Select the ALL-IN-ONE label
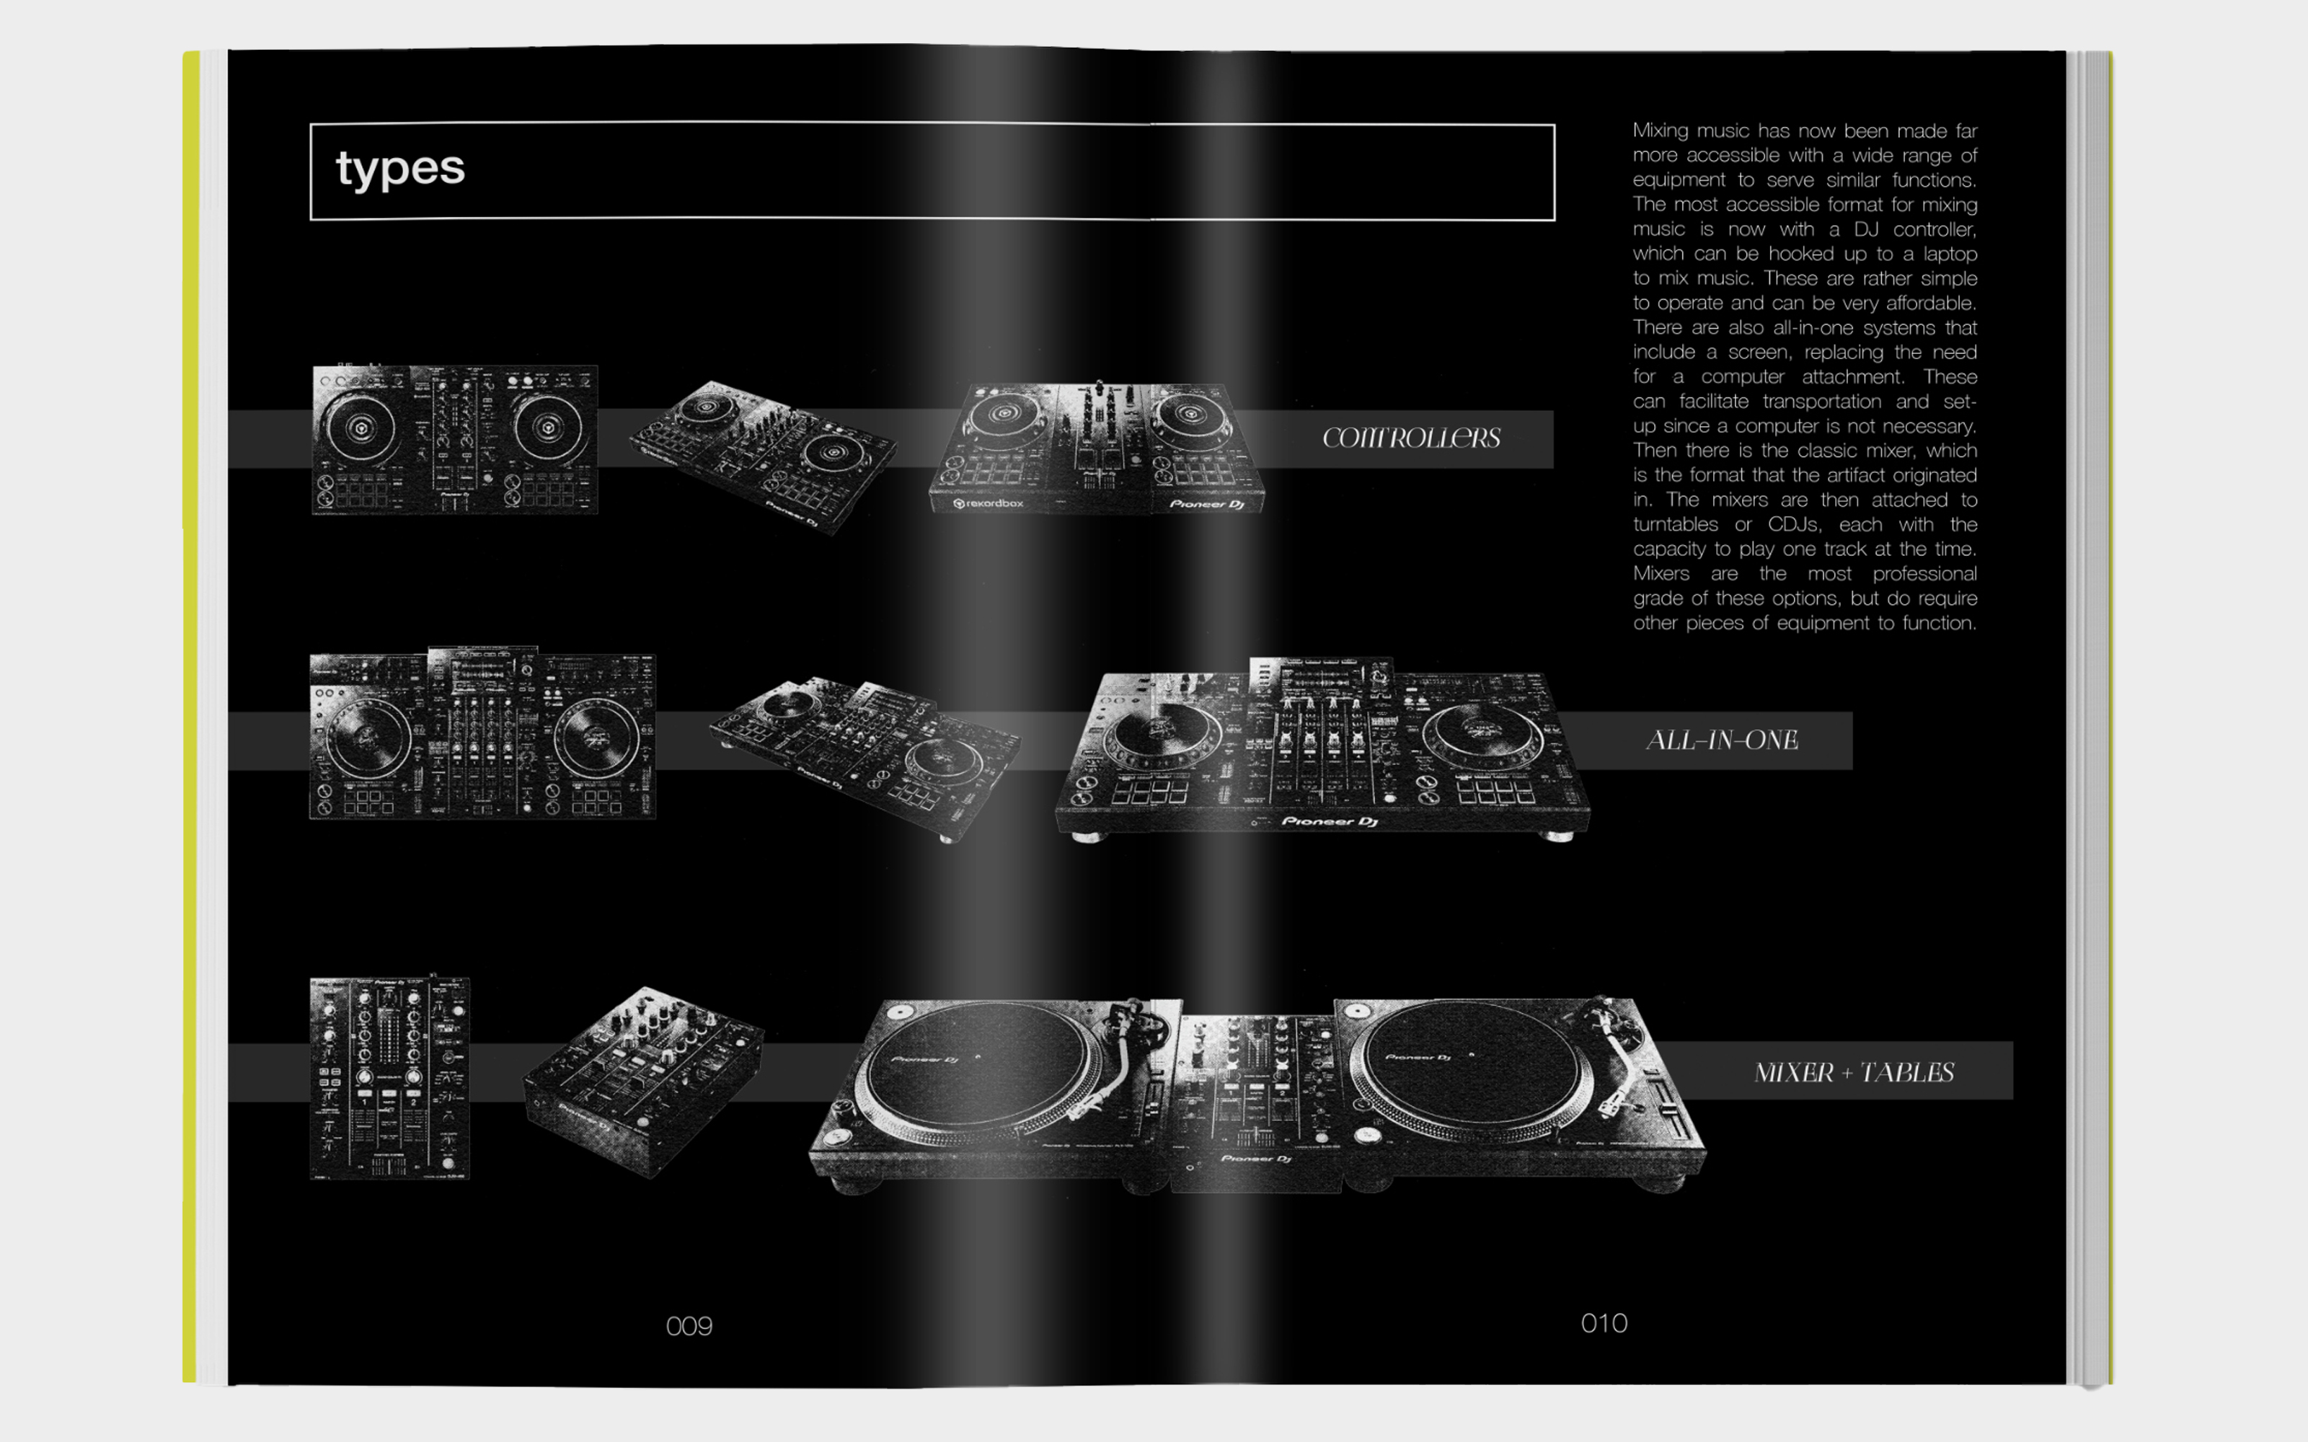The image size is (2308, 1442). [x=1722, y=740]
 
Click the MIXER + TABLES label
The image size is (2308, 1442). [x=1853, y=1073]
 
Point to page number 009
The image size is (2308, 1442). [x=689, y=1326]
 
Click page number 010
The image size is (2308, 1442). [x=1604, y=1323]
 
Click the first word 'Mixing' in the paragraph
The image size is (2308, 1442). [x=1661, y=131]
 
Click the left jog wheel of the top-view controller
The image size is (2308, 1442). [x=360, y=428]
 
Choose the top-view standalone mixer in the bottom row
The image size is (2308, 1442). [x=390, y=1079]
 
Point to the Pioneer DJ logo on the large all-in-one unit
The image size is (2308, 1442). [x=1329, y=821]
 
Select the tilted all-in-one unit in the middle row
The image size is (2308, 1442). [x=863, y=754]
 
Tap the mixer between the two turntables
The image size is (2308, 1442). [x=1257, y=1097]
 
